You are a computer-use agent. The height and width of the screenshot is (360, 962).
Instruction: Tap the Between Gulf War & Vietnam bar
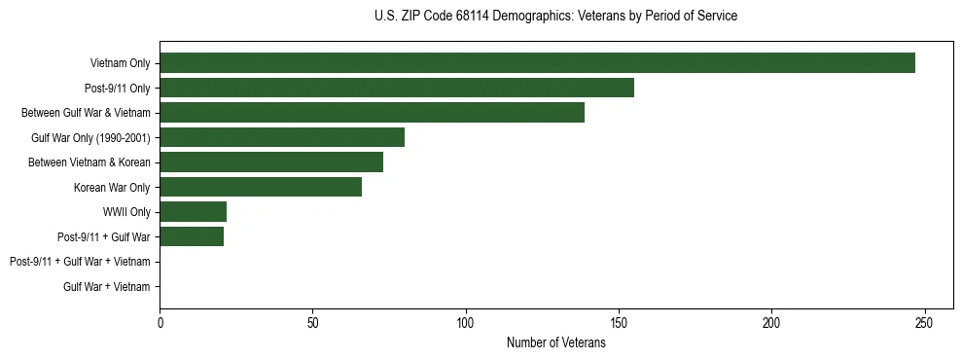click(x=372, y=113)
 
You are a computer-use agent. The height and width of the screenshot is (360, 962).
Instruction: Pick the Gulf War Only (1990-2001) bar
click(x=282, y=137)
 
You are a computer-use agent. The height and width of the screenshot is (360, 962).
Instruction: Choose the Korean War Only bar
click(x=261, y=187)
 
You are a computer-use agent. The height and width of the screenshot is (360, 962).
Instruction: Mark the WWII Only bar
click(x=194, y=211)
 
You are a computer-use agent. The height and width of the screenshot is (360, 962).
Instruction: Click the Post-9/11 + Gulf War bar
click(x=192, y=236)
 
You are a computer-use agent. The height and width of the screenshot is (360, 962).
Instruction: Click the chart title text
click(x=555, y=17)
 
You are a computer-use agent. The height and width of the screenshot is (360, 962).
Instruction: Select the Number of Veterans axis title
click(x=555, y=342)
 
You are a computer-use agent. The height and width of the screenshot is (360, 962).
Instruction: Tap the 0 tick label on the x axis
click(x=160, y=322)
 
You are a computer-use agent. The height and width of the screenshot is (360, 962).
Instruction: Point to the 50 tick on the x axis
click(x=313, y=322)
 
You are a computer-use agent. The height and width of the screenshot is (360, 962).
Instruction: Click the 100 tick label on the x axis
click(x=466, y=322)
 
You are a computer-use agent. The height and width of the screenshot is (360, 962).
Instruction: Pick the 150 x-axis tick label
click(x=619, y=322)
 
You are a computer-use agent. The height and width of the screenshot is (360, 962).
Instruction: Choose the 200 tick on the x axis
click(x=771, y=322)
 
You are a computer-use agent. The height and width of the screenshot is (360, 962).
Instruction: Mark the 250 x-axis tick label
click(x=924, y=322)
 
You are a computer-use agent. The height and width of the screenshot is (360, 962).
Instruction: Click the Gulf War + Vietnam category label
click(x=107, y=286)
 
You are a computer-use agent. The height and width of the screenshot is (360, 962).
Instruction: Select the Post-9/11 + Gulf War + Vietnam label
click(x=80, y=262)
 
